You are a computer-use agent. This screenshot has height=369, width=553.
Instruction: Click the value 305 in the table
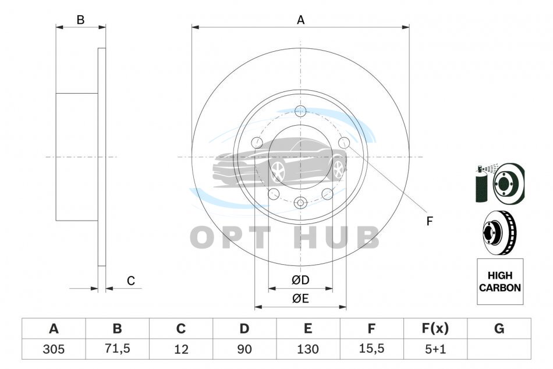54,349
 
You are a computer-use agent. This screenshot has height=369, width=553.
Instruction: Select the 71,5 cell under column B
118,349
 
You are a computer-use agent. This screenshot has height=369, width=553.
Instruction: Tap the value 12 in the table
181,349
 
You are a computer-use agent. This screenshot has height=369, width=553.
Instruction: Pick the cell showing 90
244,349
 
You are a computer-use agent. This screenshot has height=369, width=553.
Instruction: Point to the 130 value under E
308,349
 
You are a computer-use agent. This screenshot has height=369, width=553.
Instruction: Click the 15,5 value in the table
371,349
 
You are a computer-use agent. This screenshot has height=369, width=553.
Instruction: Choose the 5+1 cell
435,349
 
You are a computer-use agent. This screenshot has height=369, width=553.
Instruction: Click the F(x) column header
435,328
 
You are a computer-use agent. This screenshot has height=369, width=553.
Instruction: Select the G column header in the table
499,328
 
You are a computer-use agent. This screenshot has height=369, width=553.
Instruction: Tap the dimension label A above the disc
300,20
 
